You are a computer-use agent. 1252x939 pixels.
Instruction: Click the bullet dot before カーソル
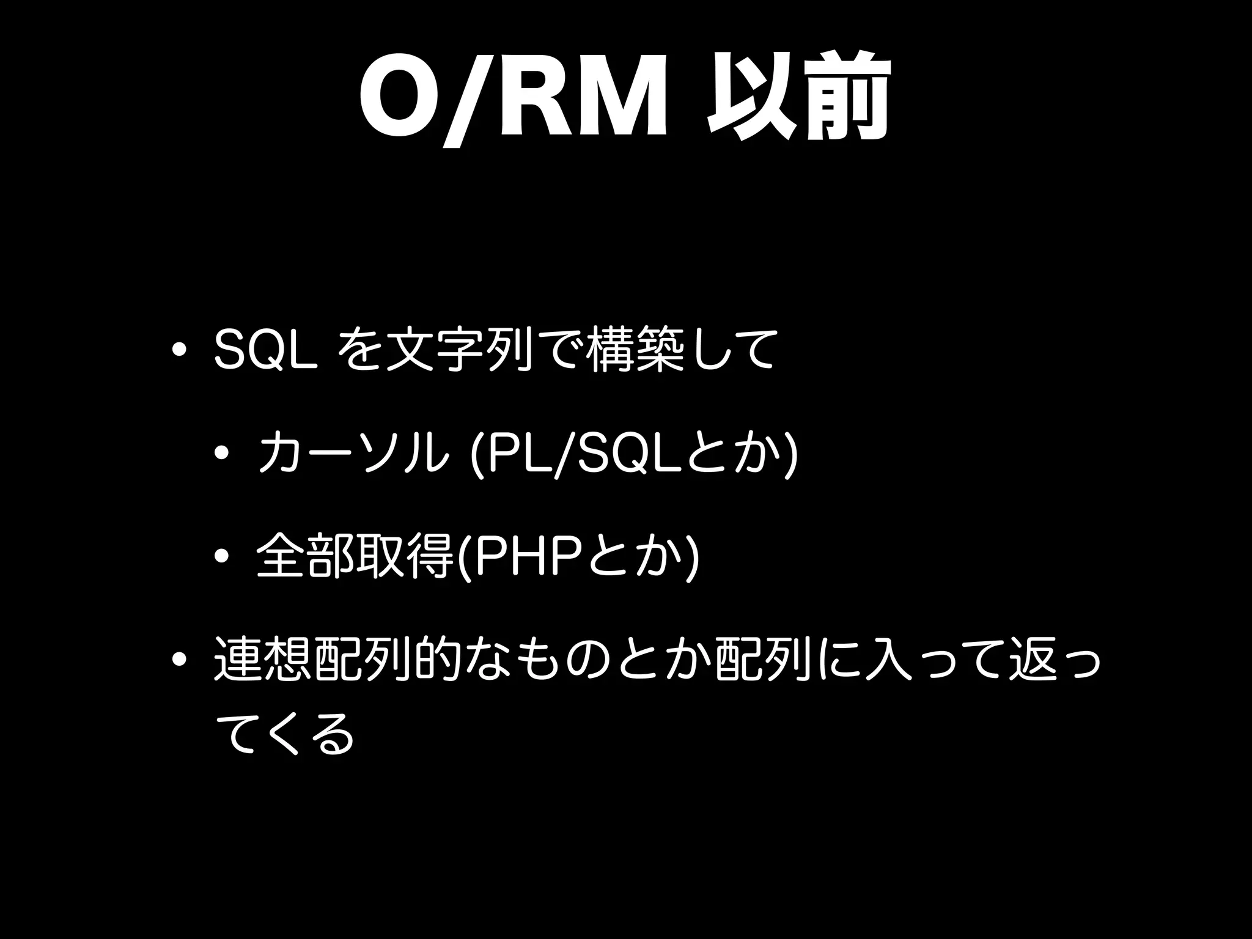[222, 454]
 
